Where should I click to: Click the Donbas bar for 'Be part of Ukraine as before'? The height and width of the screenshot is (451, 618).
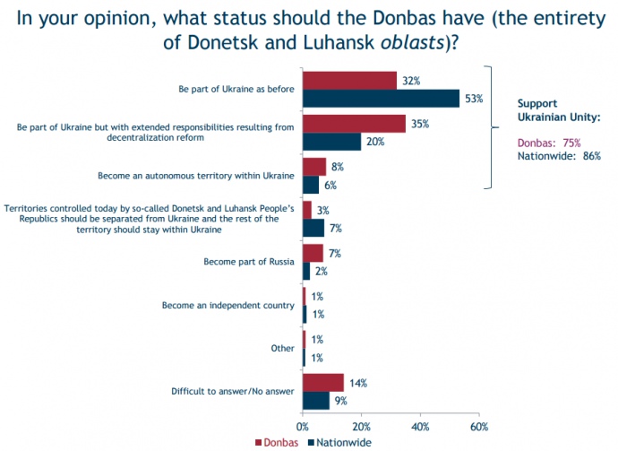pyautogui.click(x=349, y=80)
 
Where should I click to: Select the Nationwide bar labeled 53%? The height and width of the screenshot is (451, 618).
pyautogui.click(x=381, y=98)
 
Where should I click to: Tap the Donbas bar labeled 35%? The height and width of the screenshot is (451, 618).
pyautogui.click(x=354, y=123)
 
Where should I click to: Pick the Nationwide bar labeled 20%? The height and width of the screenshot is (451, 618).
pyautogui.click(x=331, y=141)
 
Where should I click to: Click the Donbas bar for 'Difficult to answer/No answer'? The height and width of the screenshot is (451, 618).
pyautogui.click(x=322, y=383)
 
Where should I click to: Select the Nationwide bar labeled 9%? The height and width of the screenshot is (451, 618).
pyautogui.click(x=315, y=400)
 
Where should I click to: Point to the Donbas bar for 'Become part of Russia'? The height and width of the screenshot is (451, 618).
pyautogui.click(x=313, y=253)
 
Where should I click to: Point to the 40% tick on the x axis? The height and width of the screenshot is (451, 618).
pyautogui.click(x=420, y=426)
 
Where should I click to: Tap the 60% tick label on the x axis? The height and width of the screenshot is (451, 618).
pyautogui.click(x=479, y=426)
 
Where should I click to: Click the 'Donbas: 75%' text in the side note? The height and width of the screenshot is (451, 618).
pyautogui.click(x=550, y=142)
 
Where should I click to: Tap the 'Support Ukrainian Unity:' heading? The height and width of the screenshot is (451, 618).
pyautogui.click(x=560, y=109)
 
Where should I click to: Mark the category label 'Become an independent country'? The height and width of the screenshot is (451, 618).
pyautogui.click(x=227, y=306)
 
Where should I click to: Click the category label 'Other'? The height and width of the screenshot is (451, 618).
pyautogui.click(x=283, y=349)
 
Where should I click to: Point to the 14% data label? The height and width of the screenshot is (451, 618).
pyautogui.click(x=357, y=383)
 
